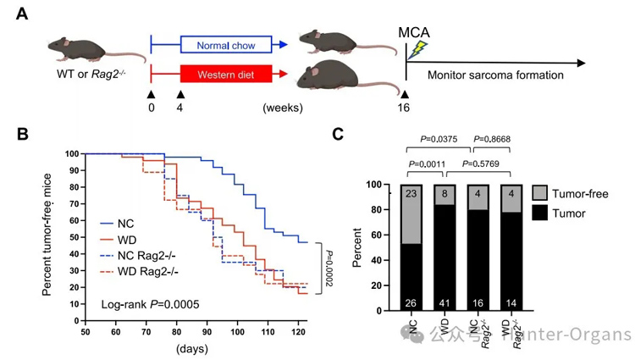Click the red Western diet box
[226, 75]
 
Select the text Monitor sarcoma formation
[495, 75]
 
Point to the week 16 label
[405, 108]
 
